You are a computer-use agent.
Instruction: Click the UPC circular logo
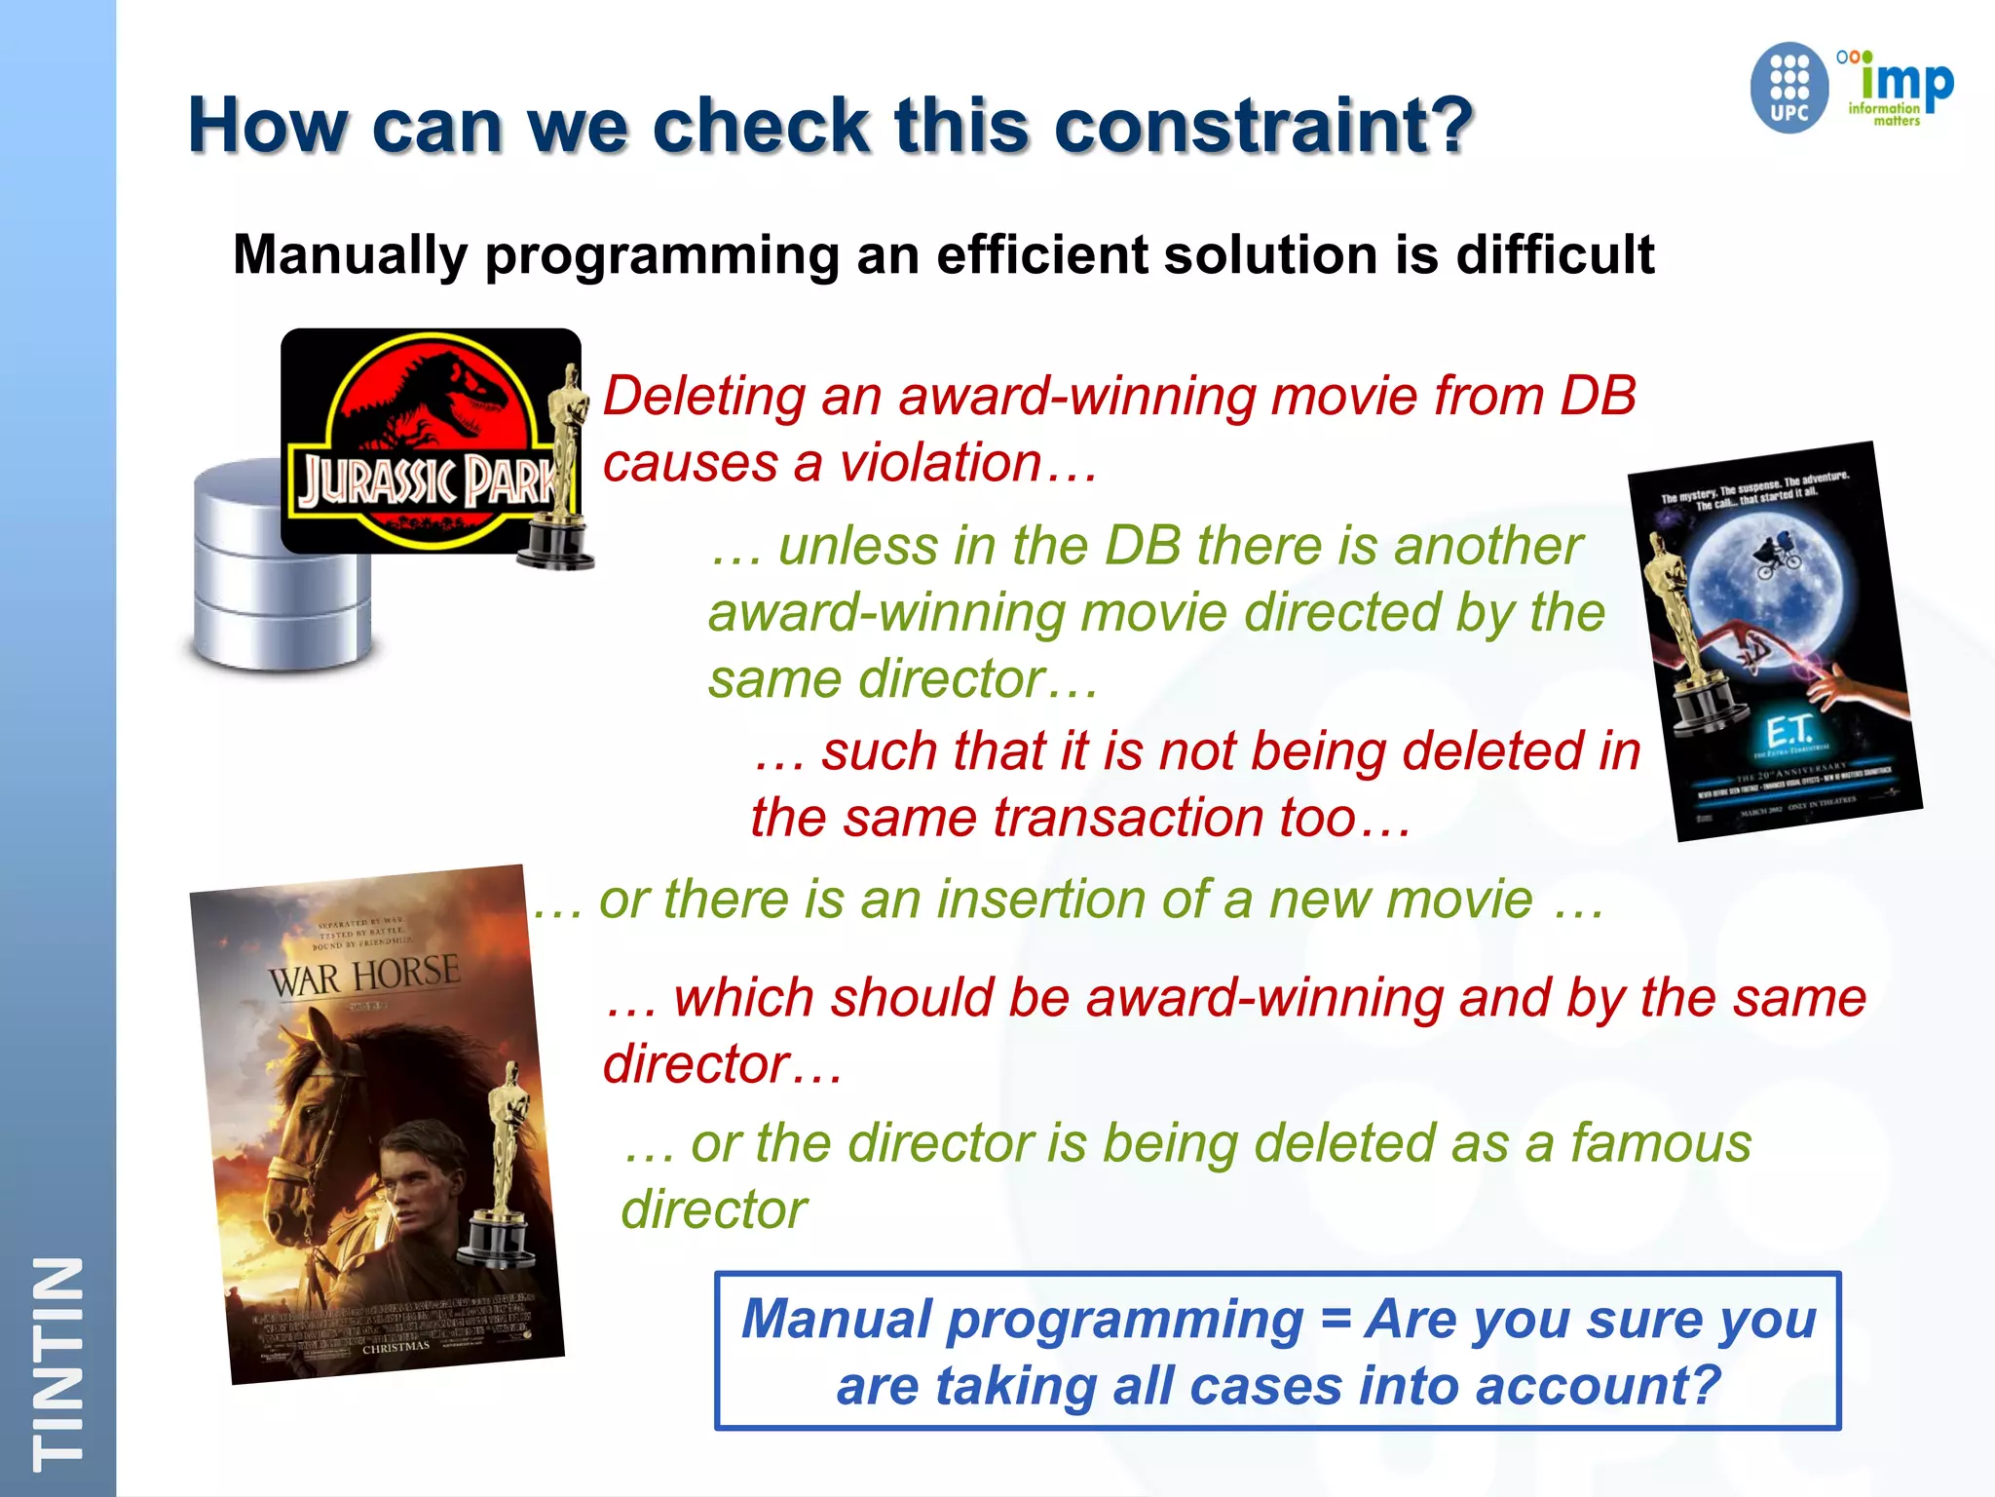tap(1788, 88)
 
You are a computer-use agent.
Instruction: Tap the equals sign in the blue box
tap(1336, 1320)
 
